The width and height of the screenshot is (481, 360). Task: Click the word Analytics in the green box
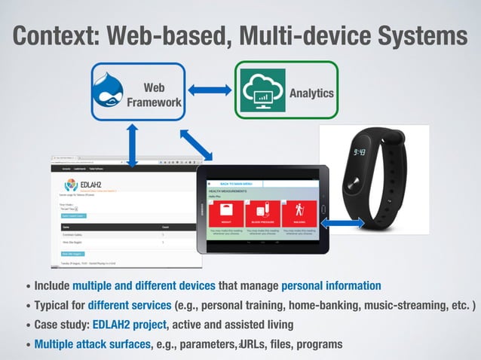point(311,93)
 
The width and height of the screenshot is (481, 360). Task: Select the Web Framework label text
point(154,95)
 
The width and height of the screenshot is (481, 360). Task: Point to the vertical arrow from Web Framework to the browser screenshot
point(133,145)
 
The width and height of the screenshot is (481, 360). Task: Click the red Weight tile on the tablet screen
point(226,213)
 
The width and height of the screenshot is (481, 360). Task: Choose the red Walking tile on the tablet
point(299,213)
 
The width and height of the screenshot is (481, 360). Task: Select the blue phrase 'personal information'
point(330,285)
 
